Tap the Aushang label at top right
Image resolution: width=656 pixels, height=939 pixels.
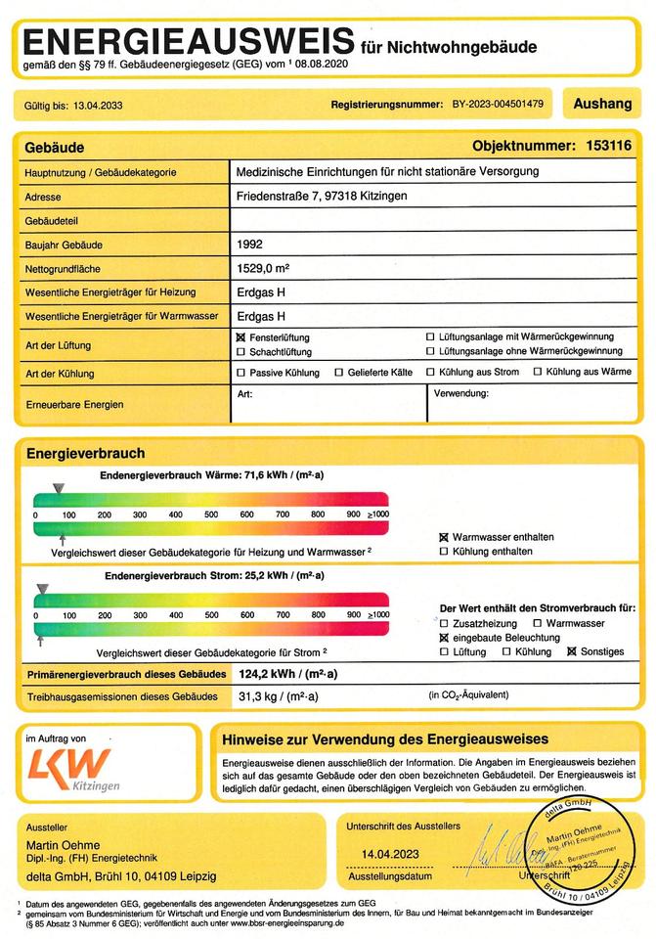[602, 102]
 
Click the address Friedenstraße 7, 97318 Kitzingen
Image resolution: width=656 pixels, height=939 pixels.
[322, 197]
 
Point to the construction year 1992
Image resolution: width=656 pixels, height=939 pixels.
[250, 245]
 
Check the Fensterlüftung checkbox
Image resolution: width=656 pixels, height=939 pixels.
[241, 336]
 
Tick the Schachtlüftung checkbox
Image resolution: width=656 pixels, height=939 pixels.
[241, 351]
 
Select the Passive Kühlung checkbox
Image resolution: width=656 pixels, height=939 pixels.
[241, 373]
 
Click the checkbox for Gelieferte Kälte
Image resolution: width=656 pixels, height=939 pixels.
[338, 373]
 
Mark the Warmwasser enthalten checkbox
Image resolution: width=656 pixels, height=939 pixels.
[444, 537]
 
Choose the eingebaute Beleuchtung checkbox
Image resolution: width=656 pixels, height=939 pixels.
[444, 638]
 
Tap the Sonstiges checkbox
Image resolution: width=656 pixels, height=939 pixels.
[572, 651]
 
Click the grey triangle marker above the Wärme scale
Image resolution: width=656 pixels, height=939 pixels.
[59, 487]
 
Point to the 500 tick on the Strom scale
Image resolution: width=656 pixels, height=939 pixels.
[211, 616]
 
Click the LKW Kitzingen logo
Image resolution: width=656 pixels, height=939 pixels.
[68, 767]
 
